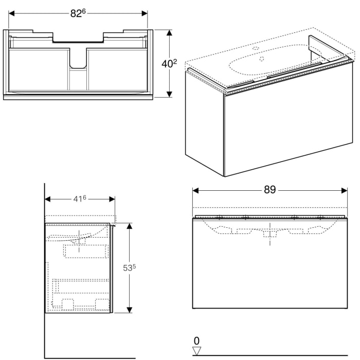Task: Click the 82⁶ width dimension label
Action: coord(78,13)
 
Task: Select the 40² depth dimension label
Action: coord(169,64)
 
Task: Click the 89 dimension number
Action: coord(270,190)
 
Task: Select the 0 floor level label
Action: coord(196,340)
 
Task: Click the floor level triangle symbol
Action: coord(196,351)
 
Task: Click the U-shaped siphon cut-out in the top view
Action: coord(78,60)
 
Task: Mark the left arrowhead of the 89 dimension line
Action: coord(195,190)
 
